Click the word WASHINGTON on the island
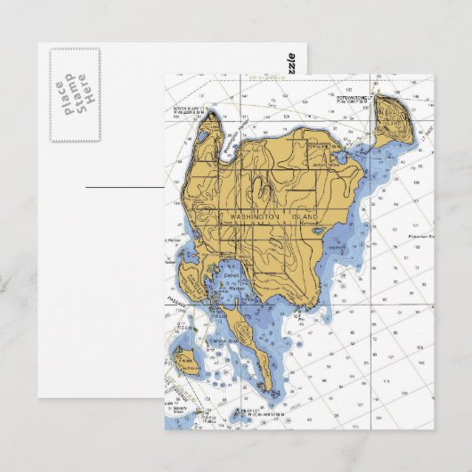[255, 217]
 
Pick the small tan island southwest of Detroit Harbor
[188, 362]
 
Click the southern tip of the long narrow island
[266, 388]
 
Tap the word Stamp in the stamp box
[74, 93]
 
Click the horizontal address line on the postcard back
[125, 188]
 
